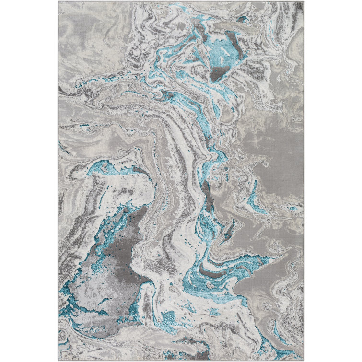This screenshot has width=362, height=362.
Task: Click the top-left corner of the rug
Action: tap(58, 2)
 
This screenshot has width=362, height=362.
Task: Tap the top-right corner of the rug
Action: tap(304, 2)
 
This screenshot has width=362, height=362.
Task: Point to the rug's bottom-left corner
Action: tap(58, 360)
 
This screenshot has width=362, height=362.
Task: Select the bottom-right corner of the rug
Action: tap(304, 360)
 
